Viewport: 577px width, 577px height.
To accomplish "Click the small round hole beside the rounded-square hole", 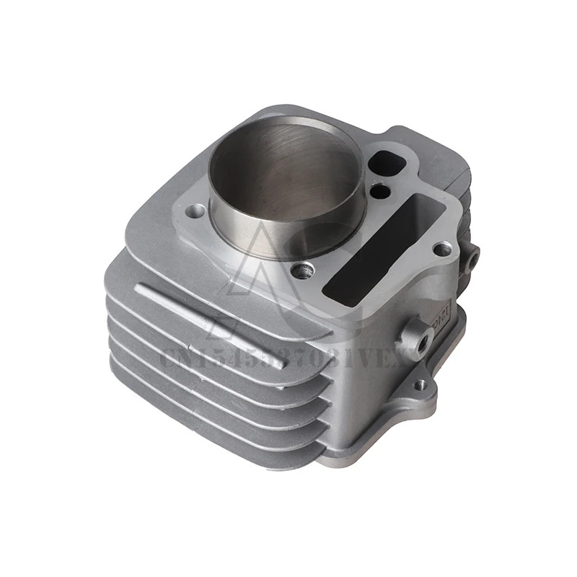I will click(381, 191).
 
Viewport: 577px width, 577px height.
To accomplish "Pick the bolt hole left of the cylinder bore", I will click(195, 211).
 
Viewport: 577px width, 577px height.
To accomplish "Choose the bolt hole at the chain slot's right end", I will click(441, 250).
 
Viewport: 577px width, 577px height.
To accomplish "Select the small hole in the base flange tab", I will click(419, 387).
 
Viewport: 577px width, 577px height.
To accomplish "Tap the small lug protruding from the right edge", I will click(472, 256).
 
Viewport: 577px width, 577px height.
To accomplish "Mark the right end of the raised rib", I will click(283, 361).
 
